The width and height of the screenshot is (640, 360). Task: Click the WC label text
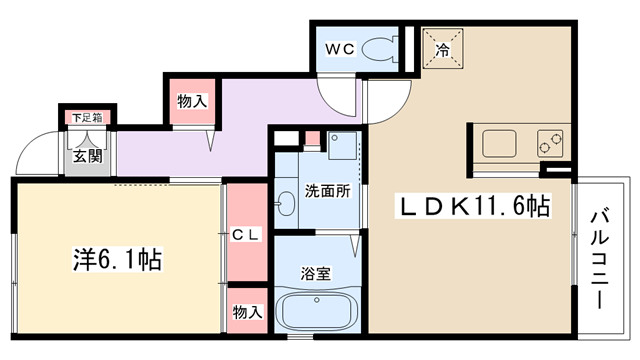(340, 49)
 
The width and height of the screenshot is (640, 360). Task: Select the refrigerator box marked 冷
(442, 48)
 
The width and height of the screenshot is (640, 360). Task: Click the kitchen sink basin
(499, 143)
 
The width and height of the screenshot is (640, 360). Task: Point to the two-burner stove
(550, 143)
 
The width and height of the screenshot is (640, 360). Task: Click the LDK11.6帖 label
(473, 206)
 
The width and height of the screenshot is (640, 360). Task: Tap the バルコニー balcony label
(600, 259)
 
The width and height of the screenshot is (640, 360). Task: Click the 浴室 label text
(316, 273)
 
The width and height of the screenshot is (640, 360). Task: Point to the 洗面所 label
(328, 191)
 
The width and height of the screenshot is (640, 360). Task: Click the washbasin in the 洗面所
(286, 203)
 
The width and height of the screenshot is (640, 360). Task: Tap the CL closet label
(246, 235)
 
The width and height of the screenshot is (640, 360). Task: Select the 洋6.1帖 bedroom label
(118, 259)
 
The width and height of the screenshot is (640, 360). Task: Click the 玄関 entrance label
(88, 156)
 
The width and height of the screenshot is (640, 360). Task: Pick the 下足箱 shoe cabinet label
(87, 118)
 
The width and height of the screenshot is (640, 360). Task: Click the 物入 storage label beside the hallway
(192, 101)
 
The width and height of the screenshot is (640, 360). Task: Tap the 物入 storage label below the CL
(247, 312)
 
